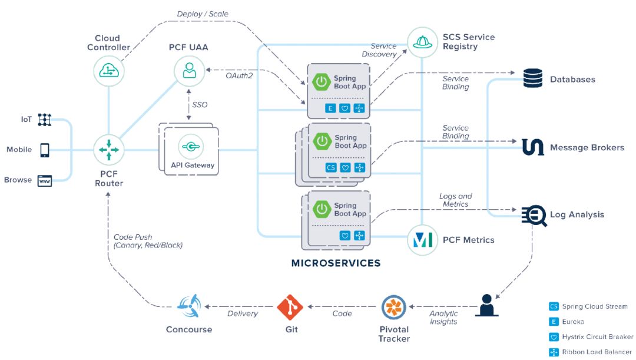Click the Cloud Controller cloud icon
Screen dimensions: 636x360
tap(109, 71)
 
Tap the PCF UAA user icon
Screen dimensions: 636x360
tap(189, 71)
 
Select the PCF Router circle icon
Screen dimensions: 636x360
tap(109, 150)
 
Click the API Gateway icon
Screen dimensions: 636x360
tap(191, 147)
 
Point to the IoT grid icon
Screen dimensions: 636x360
tap(45, 120)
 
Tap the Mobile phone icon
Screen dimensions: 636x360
tap(45, 150)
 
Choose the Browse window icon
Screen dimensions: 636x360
tap(45, 181)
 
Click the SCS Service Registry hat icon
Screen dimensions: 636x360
tap(422, 42)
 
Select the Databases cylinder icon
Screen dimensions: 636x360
tap(532, 78)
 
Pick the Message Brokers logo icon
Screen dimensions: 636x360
tap(532, 147)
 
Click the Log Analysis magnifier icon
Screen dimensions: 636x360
tap(534, 215)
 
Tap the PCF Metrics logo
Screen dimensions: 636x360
tap(422, 240)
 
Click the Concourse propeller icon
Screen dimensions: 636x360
tap(189, 306)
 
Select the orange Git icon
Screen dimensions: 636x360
tap(290, 307)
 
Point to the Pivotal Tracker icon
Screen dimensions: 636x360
tap(393, 307)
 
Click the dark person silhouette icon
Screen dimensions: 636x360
tap(487, 305)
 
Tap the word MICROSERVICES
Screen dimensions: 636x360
tap(336, 263)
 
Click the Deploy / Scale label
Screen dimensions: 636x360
tap(203, 14)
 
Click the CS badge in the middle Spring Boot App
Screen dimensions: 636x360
tap(331, 167)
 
